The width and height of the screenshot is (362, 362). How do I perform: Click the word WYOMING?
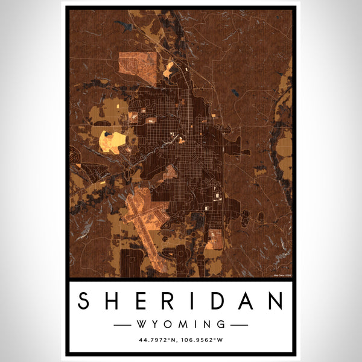coord(181,325)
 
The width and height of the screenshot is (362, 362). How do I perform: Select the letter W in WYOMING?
coord(143,325)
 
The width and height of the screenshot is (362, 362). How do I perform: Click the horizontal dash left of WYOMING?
coord(123,325)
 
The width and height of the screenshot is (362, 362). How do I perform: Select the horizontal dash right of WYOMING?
coord(239,325)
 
